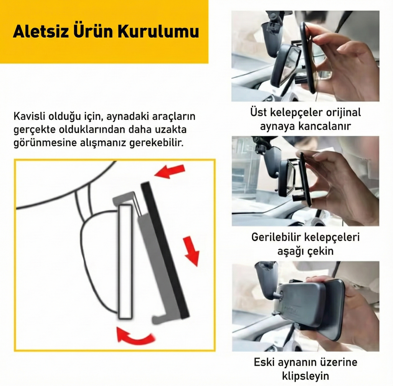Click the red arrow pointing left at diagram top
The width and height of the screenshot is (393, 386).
coord(170,171)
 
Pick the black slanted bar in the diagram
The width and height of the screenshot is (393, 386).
coord(165,249)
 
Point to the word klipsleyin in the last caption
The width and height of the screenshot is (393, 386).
coord(305,375)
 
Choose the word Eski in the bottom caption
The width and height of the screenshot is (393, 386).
coord(264,362)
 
